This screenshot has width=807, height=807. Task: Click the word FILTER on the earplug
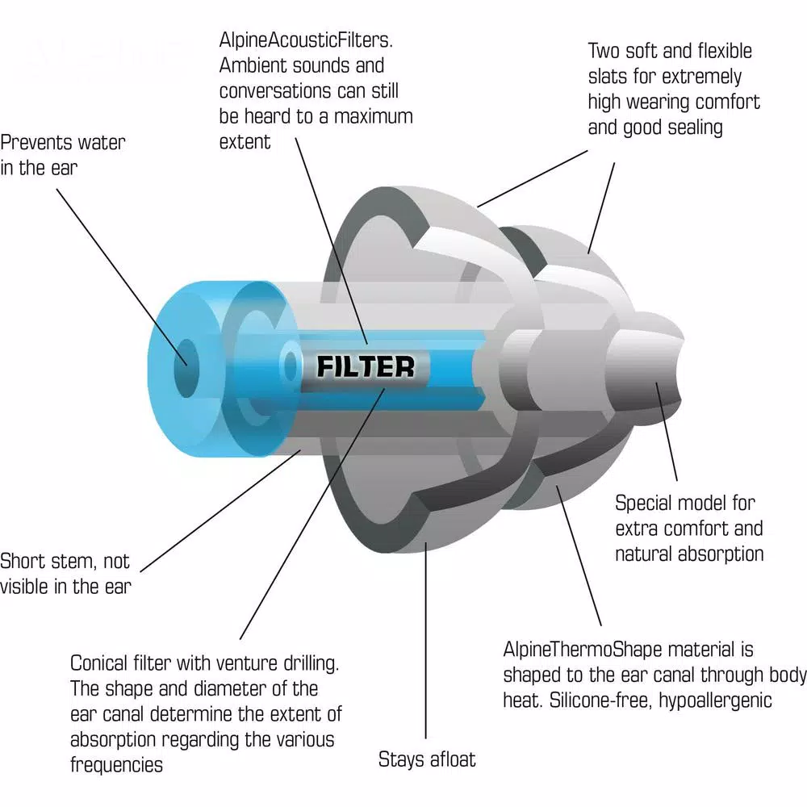point(366,367)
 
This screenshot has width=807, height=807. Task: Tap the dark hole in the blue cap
point(186,367)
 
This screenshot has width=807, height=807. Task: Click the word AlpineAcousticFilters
point(306,40)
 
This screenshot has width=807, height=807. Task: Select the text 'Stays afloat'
point(427,759)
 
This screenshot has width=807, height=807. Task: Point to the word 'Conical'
point(99,663)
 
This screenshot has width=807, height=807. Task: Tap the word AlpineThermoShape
point(587,650)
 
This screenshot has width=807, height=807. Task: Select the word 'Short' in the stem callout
point(23,561)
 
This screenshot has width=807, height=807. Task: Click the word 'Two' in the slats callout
point(604,51)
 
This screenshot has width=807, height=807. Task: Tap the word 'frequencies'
point(116,765)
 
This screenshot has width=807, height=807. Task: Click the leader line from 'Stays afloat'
point(425,640)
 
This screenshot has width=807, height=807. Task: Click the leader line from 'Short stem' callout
point(220,511)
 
